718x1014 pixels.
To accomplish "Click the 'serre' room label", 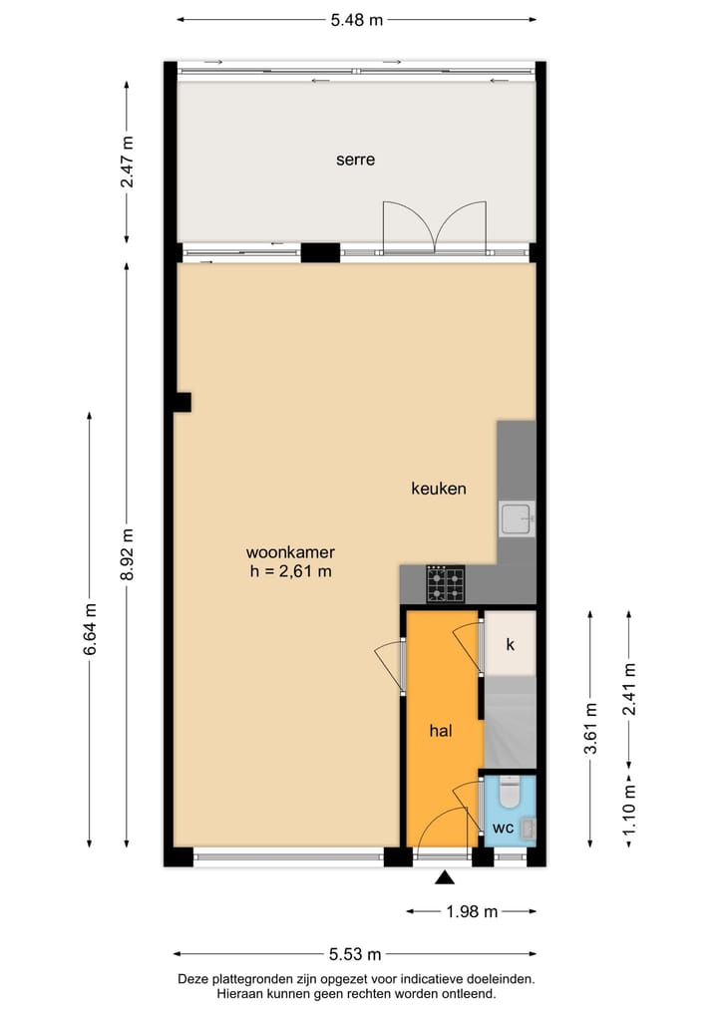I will (x=355, y=159).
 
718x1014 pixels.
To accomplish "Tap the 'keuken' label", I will (x=439, y=489).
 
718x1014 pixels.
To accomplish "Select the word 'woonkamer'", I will (x=290, y=551).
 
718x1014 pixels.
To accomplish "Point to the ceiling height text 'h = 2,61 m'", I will (x=290, y=571).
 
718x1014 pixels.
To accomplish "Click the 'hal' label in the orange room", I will (x=441, y=731).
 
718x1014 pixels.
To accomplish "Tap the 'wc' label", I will (x=502, y=829).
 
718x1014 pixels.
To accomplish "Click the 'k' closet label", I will (x=510, y=644).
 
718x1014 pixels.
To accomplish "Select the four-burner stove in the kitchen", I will (x=445, y=584).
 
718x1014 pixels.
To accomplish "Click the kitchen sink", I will (x=517, y=518).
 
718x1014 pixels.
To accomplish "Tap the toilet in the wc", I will (x=510, y=794).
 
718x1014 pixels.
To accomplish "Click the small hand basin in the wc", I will (x=529, y=827).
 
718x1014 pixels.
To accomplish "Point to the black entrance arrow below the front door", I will (x=445, y=877).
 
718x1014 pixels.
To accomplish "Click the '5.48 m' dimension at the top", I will (x=356, y=19).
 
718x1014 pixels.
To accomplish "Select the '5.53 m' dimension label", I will (x=354, y=954).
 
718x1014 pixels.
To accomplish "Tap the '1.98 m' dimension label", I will (x=471, y=910).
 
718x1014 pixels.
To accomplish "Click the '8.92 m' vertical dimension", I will (x=126, y=554).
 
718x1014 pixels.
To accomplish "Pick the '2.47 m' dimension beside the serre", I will (x=126, y=161).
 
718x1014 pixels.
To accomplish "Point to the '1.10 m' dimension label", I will (x=628, y=811).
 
